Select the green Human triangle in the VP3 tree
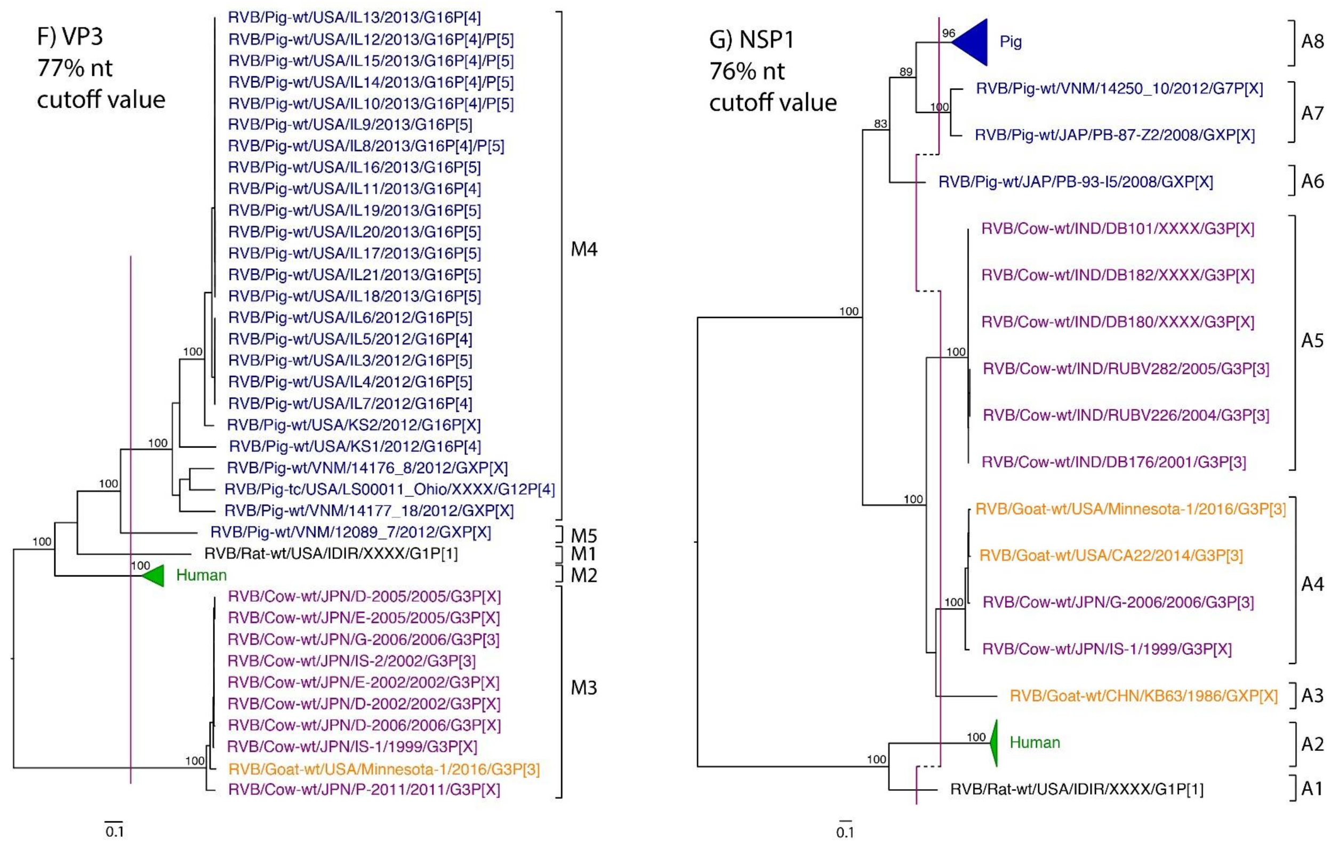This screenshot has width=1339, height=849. (155, 575)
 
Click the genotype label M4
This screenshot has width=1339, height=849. (584, 249)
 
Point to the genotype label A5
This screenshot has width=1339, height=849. (1312, 340)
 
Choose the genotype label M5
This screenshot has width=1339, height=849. (584, 536)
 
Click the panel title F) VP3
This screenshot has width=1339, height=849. (70, 37)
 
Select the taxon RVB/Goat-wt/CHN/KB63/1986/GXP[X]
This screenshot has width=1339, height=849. (1143, 696)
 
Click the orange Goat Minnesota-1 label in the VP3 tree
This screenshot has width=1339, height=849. (384, 769)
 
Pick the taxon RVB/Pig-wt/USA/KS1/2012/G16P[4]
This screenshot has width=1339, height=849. (355, 446)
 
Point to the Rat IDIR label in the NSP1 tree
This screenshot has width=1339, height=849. (1077, 789)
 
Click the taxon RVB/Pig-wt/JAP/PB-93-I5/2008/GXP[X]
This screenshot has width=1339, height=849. (1076, 182)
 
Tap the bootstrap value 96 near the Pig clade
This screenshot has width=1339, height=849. (948, 34)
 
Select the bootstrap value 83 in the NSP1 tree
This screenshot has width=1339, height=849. (880, 123)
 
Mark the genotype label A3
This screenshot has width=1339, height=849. (1312, 695)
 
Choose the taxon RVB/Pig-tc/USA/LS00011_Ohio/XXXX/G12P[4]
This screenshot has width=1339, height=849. (389, 489)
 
